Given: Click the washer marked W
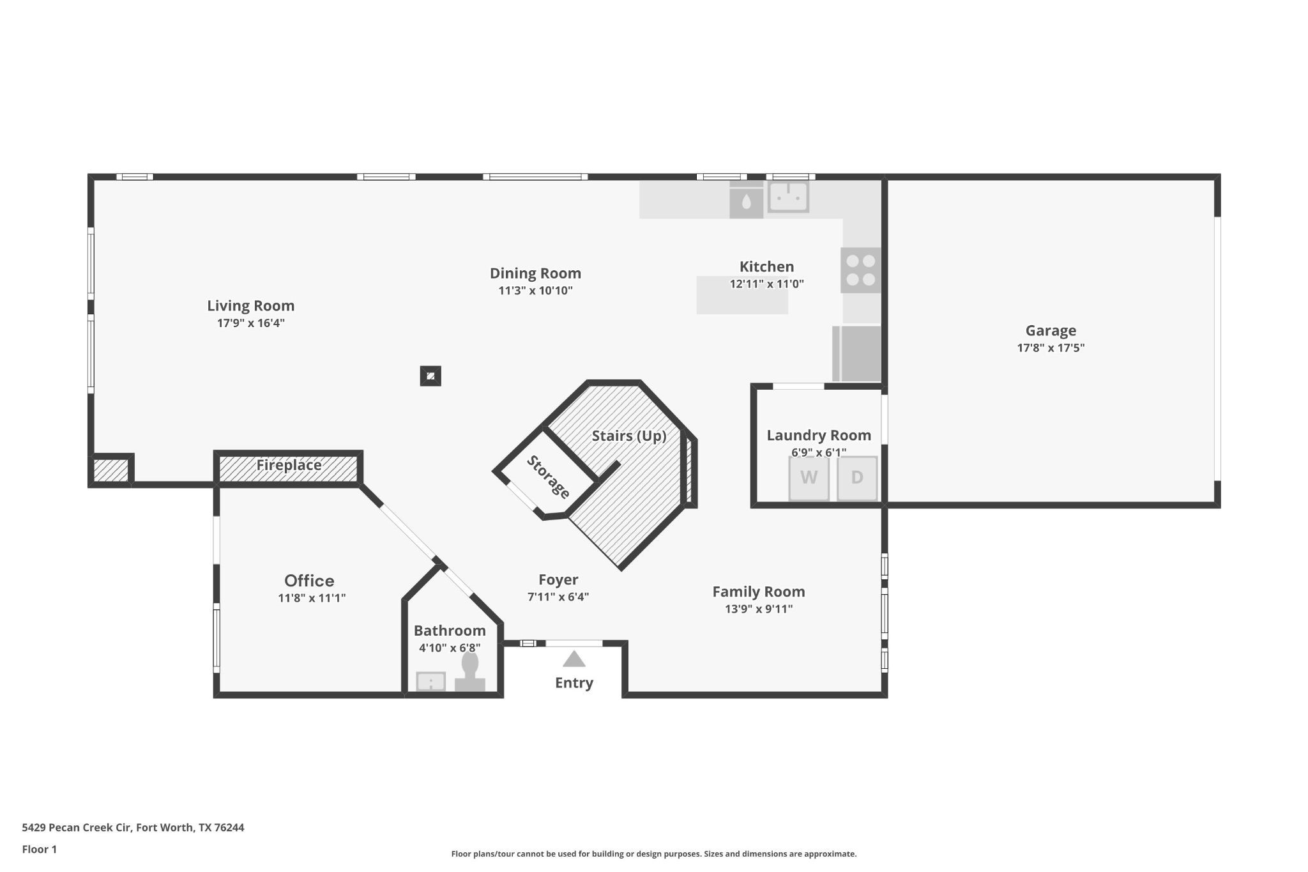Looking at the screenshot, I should pos(809,478).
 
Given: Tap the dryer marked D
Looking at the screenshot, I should pos(857,478).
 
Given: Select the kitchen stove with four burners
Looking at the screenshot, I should pos(860,270).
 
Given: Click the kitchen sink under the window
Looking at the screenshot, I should pos(788,196).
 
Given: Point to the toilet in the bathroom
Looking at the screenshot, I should pos(470,672).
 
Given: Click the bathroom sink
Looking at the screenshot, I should pos(431,682).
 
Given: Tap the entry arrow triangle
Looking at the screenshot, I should pos(574,659).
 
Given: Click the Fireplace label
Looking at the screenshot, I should pos(289,466).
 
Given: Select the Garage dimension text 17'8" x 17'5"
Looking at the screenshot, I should pos(1051,348).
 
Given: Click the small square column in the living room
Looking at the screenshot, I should pos(430,376).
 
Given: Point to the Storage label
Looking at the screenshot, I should pos(547,477).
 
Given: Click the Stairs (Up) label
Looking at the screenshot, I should pos(628,436).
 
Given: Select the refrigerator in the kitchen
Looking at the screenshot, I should pos(857,354).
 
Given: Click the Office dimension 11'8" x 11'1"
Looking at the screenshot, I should pos(312,599).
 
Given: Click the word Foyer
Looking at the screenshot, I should pos(558,580).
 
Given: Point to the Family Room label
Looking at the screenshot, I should pos(758,592).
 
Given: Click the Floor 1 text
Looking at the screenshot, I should pos(40,849).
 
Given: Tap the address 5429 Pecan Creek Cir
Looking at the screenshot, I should pos(77,827).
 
